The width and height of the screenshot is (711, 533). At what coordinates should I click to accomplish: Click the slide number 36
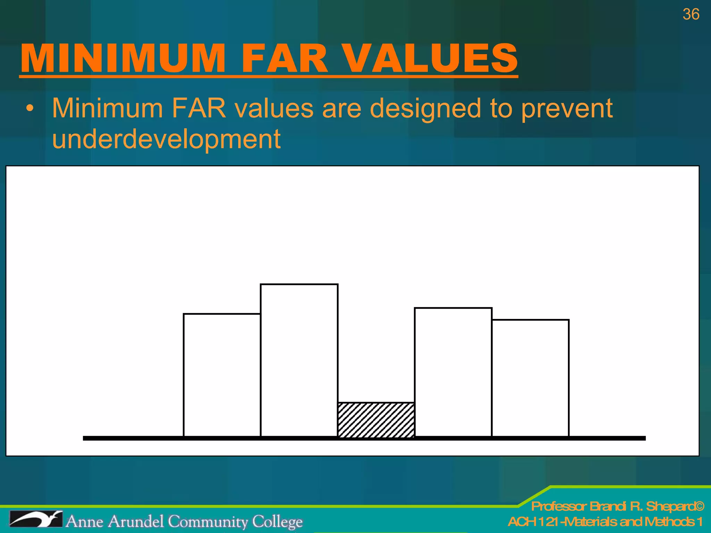coord(691,14)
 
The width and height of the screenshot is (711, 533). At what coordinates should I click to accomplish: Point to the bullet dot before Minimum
coord(31,109)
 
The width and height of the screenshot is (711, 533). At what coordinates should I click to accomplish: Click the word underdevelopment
coord(166,139)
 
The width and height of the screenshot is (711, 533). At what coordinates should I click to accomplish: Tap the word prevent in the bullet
coord(567,109)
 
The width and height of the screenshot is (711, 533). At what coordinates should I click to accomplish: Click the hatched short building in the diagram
coord(376,420)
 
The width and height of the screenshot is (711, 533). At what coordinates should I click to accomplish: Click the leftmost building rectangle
coord(222,375)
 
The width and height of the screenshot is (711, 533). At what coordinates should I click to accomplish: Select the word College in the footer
coord(277,522)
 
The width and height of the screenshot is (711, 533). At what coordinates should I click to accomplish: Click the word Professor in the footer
coord(559,506)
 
